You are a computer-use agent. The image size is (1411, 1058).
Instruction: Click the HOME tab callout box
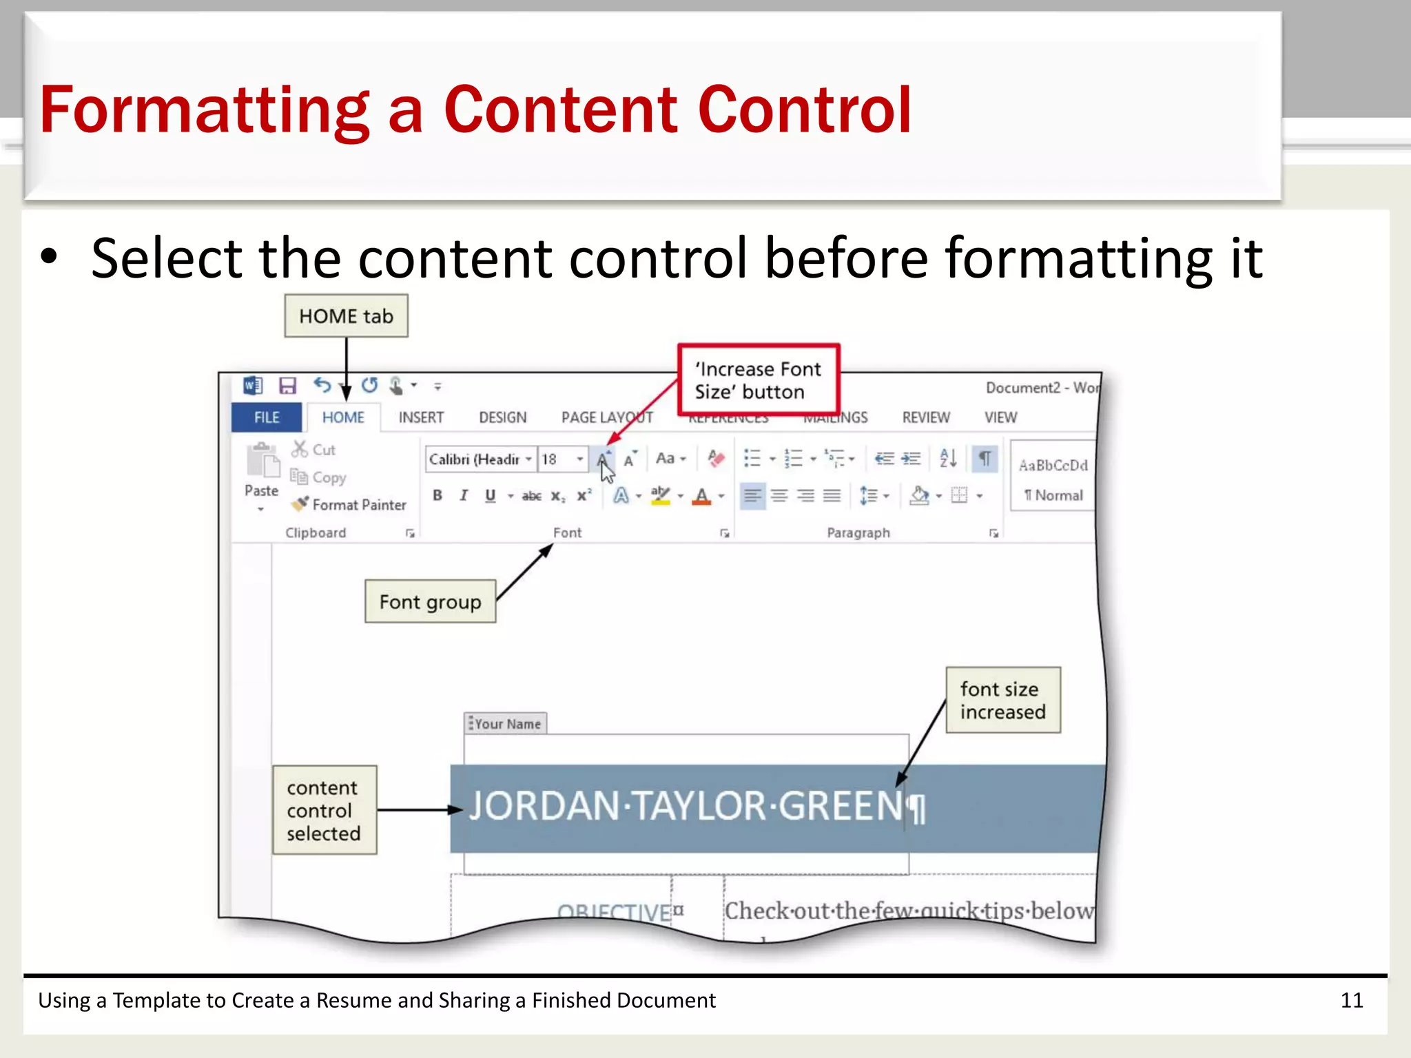pos(346,316)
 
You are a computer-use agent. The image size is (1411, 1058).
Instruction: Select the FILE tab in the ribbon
pos(267,417)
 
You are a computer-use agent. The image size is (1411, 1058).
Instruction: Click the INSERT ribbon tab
pos(421,417)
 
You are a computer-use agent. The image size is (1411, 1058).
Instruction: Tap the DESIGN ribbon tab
pos(502,417)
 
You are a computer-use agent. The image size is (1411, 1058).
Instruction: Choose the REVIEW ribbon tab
pos(925,417)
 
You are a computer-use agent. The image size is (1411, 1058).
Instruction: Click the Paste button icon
pos(262,461)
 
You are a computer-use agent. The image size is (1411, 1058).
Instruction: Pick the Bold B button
pos(437,495)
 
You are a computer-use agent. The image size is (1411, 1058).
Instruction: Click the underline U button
pos(490,495)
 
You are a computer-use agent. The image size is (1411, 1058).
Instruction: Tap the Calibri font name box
pos(475,459)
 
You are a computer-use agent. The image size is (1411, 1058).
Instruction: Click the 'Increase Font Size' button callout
pos(758,380)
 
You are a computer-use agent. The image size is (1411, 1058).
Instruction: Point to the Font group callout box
pos(430,602)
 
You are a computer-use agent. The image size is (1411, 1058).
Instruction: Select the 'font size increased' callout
pos(1002,700)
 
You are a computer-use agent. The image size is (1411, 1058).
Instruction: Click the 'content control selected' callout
pos(324,810)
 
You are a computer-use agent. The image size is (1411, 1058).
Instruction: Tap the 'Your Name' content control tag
pos(506,723)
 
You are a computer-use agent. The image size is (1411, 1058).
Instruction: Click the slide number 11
pos(1351,1000)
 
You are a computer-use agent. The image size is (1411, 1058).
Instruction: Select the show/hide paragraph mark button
pos(985,459)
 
